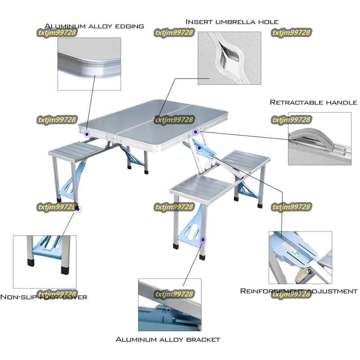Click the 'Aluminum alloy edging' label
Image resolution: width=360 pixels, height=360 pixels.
[94, 26]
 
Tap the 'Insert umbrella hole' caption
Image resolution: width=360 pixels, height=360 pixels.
[232, 22]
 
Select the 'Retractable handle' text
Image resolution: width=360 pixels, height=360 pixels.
[313, 102]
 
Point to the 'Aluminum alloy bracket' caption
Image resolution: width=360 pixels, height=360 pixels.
[168, 340]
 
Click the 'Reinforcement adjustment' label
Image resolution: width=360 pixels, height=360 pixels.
[298, 291]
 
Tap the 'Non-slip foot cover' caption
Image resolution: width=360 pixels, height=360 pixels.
[43, 297]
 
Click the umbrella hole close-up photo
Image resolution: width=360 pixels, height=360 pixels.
[229, 58]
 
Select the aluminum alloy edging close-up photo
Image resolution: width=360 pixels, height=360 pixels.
[89, 64]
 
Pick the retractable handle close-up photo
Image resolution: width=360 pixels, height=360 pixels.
[319, 138]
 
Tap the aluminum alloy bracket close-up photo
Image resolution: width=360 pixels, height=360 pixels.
[169, 305]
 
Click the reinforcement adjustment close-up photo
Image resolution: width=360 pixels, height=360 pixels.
[300, 257]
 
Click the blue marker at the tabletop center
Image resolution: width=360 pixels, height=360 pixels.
[157, 118]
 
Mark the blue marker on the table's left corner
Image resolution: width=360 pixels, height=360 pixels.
[87, 134]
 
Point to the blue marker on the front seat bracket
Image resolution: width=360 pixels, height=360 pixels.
[203, 240]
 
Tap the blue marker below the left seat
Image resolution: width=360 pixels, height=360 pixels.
[78, 209]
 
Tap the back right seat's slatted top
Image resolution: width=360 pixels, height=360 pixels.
[246, 160]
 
